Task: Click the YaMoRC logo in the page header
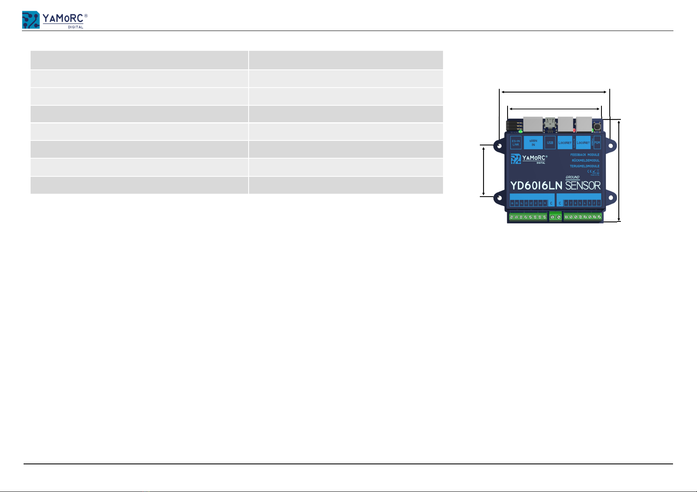[55, 20]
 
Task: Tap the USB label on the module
[550, 143]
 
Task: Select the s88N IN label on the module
[533, 143]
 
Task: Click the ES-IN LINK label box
[515, 143]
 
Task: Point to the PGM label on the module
[597, 143]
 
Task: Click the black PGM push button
[597, 125]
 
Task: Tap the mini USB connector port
[550, 123]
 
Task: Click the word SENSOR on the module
[583, 186]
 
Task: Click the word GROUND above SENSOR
[572, 177]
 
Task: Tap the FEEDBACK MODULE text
[584, 155]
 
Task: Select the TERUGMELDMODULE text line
[584, 166]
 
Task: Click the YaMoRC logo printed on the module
[529, 159]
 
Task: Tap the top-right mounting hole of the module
[609, 146]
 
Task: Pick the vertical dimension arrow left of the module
[484, 171]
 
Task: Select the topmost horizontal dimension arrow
[555, 92]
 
